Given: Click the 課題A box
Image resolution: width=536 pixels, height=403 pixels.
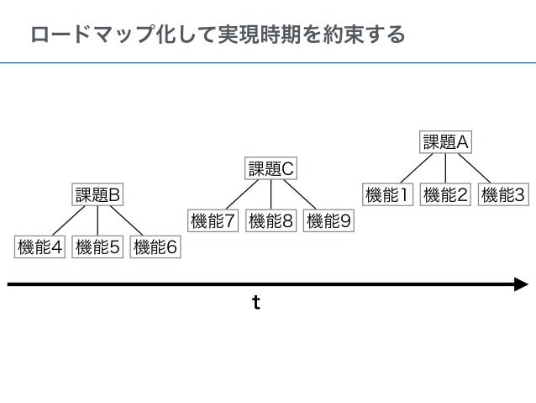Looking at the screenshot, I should pyautogui.click(x=445, y=142).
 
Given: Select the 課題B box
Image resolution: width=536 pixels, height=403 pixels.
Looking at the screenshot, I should pyautogui.click(x=98, y=195).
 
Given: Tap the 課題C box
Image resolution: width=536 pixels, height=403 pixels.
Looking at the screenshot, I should pyautogui.click(x=271, y=169).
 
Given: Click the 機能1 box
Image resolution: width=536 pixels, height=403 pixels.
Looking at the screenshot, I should pyautogui.click(x=387, y=195).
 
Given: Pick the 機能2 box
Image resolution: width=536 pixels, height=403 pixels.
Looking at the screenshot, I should pyautogui.click(x=445, y=195).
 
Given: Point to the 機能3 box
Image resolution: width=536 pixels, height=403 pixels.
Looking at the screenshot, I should pyautogui.click(x=503, y=195).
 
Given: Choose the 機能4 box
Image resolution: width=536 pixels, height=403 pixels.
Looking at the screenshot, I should pyautogui.click(x=40, y=247).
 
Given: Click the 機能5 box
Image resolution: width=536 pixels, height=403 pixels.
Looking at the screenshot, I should pyautogui.click(x=98, y=247).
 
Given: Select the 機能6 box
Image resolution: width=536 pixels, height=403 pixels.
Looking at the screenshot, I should pyautogui.click(x=155, y=247).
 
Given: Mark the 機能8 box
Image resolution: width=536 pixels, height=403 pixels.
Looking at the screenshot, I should pyautogui.click(x=271, y=221).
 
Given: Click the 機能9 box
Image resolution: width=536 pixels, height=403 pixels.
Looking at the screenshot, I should pyautogui.click(x=328, y=221).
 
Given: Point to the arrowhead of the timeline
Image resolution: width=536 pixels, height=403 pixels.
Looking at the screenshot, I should pyautogui.click(x=521, y=285).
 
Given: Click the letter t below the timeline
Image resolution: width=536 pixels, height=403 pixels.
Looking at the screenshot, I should pyautogui.click(x=256, y=303).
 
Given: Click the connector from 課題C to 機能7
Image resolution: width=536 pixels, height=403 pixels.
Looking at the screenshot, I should pyautogui.click(x=241, y=195).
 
